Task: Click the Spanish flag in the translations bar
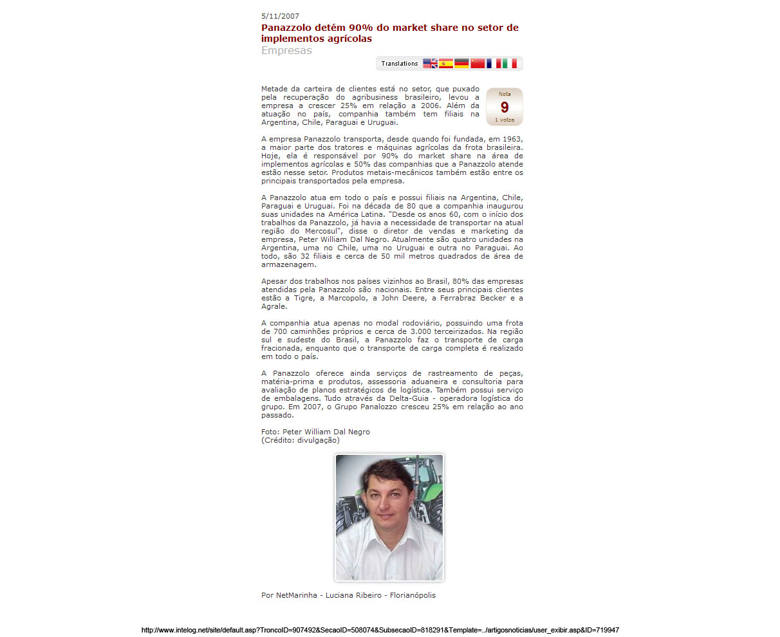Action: (446, 63)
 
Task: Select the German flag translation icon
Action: (461, 63)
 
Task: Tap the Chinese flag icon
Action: (478, 63)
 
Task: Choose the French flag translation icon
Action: (494, 63)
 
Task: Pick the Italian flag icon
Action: (510, 63)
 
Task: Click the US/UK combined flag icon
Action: (430, 63)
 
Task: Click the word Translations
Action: (399, 64)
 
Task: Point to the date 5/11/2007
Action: (280, 16)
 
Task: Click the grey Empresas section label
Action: (286, 51)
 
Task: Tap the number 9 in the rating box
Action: (505, 107)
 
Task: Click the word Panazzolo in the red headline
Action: (287, 28)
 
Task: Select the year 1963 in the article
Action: (512, 139)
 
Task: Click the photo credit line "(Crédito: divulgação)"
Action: (301, 440)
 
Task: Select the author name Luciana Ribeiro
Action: (353, 595)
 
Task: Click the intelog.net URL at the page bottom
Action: (380, 630)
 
